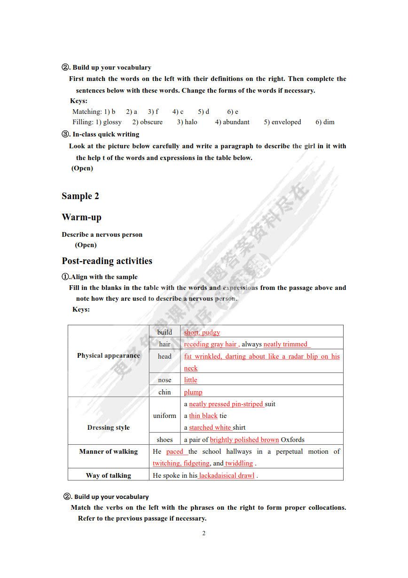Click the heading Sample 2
pyautogui.click(x=80, y=196)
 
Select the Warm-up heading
pyautogui.click(x=81, y=217)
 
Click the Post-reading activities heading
pyautogui.click(x=107, y=261)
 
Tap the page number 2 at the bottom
pyautogui.click(x=204, y=533)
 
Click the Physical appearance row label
pyautogui.click(x=109, y=356)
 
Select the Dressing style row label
pyautogui.click(x=109, y=427)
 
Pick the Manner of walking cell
pyautogui.click(x=109, y=451)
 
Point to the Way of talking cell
pyautogui.click(x=109, y=475)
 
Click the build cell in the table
pyautogui.click(x=165, y=332)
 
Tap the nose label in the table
pyautogui.click(x=165, y=380)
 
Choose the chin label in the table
pyautogui.click(x=165, y=392)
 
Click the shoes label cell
pyautogui.click(x=165, y=440)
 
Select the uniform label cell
pyautogui.click(x=165, y=416)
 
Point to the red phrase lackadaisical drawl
pyautogui.click(x=227, y=475)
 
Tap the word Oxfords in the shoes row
pyautogui.click(x=292, y=440)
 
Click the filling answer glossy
pyautogui.click(x=112, y=122)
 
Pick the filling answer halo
pyautogui.click(x=191, y=122)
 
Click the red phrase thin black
pyautogui.click(x=203, y=416)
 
